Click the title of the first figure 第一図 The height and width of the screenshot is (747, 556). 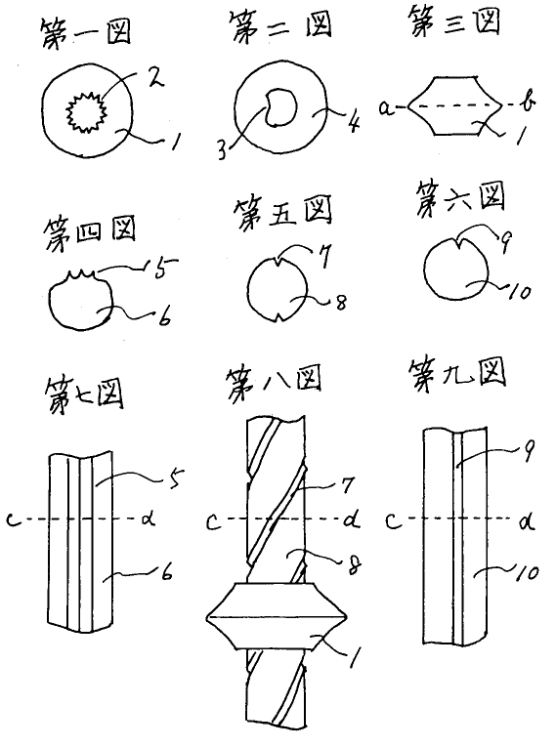86,33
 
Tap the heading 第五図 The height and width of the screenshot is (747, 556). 282,214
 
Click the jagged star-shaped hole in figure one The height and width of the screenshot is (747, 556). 86,112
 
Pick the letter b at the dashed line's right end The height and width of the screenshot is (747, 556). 528,103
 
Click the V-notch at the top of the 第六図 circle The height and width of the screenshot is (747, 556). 457,243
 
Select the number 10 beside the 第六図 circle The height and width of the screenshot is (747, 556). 518,292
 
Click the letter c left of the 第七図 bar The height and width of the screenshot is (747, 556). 14,519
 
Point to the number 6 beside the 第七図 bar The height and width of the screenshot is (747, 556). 166,573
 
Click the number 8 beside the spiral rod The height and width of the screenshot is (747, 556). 354,565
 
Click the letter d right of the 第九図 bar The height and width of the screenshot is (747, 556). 527,520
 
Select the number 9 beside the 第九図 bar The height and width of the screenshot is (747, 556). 528,450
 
